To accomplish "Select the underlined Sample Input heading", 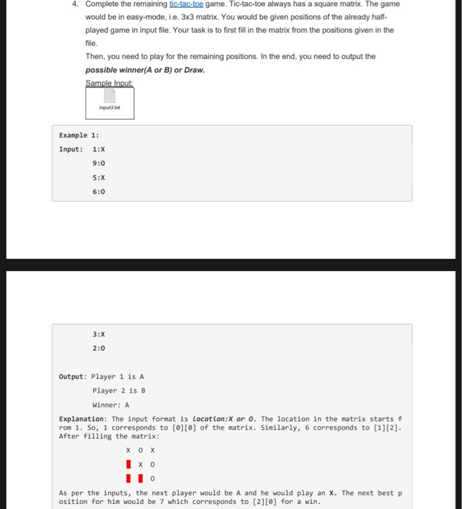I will point(109,82).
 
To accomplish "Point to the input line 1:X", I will point(99,149).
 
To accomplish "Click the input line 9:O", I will point(99,164).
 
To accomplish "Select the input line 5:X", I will point(99,177).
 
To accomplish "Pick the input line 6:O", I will point(99,191).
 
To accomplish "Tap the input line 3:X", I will point(99,334).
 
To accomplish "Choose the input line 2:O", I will point(99,348).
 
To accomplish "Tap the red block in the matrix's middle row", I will point(129,464).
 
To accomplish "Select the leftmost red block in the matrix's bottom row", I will point(129,478).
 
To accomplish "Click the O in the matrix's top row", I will point(140,450).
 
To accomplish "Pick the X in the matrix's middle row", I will point(140,464).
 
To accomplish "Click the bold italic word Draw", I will point(195,70).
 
